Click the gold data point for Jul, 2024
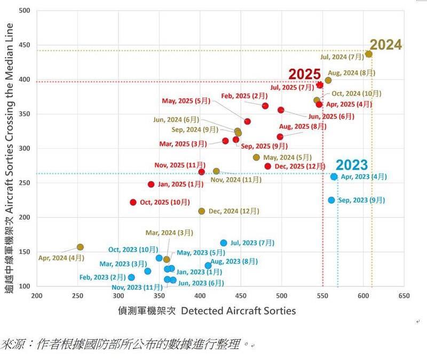click(x=369, y=54)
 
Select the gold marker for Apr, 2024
click(x=80, y=247)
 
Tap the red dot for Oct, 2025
click(x=133, y=202)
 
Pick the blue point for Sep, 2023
click(x=331, y=200)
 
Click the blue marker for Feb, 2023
click(x=131, y=277)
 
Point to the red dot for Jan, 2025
click(x=151, y=185)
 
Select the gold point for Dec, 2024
click(x=202, y=211)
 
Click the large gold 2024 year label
click(x=385, y=44)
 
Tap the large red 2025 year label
click(x=305, y=74)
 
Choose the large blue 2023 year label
click(x=352, y=164)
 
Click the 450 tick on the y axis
click(x=25, y=45)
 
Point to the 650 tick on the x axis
click(x=405, y=295)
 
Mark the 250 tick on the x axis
click(x=78, y=295)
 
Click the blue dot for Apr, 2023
click(x=334, y=177)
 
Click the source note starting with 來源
click(x=128, y=342)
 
